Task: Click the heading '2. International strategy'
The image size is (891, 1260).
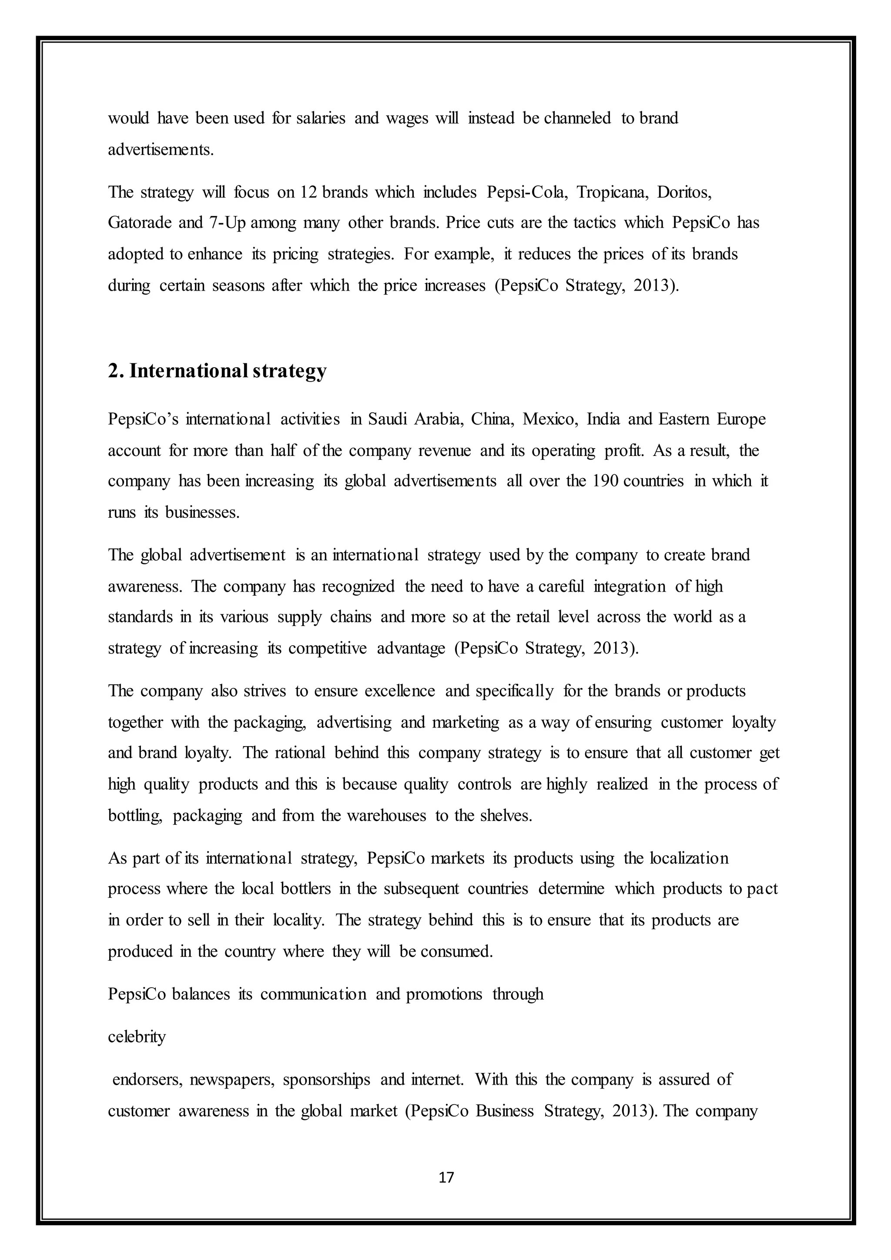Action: pos(217,371)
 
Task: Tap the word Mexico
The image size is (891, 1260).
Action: pos(550,419)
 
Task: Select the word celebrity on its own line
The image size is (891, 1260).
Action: pos(137,1037)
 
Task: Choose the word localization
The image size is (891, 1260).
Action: pos(689,858)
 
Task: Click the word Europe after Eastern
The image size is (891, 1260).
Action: pos(740,419)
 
